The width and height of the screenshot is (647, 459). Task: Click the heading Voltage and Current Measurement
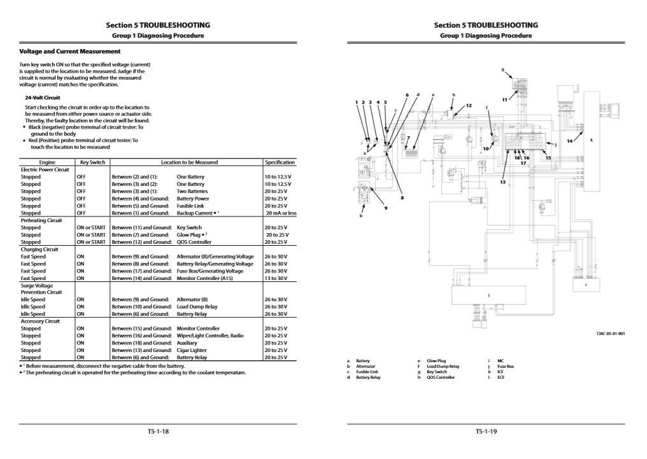[70, 51]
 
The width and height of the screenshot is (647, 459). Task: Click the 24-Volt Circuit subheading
[43, 97]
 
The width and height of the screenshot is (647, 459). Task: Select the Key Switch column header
[92, 162]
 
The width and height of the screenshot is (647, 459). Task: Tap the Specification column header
[280, 162]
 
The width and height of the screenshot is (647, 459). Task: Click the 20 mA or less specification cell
[281, 213]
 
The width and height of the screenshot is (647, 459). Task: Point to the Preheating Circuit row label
[41, 220]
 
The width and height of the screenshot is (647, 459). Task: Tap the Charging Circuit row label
[39, 250]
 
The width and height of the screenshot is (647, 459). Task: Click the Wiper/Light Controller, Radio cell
[210, 335]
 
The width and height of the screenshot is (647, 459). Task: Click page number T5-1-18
[158, 432]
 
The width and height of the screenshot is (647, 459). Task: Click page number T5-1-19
[485, 432]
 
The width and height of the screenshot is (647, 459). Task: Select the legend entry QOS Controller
[441, 378]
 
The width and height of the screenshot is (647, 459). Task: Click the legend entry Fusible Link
[367, 372]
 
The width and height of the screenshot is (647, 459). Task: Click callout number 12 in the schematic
[469, 105]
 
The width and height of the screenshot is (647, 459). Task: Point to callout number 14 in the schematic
[569, 141]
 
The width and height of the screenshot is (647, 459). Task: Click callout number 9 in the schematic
[385, 208]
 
